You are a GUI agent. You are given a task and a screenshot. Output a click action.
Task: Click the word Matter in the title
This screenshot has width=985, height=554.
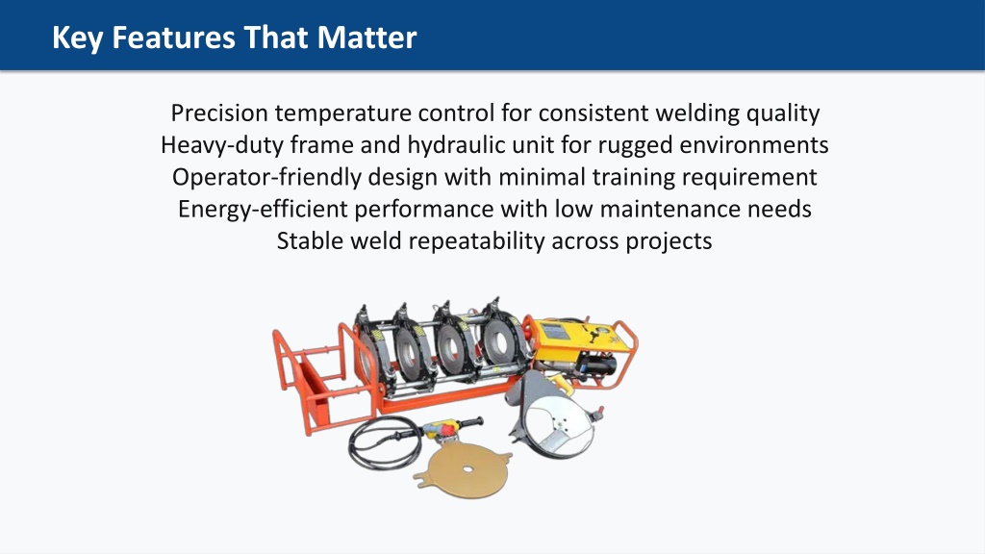[366, 38]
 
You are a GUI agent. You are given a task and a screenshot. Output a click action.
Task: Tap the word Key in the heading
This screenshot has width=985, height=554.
[77, 38]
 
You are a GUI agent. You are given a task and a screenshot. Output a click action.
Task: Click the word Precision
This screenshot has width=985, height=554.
[220, 113]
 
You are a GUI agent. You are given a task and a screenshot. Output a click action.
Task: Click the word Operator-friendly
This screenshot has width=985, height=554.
[266, 177]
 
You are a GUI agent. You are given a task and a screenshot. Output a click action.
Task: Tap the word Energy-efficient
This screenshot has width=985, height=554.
[263, 209]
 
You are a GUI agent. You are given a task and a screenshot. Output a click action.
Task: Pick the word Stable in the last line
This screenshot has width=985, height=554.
[311, 240]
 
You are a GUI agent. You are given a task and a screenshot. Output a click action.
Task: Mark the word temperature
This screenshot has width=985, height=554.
[343, 113]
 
